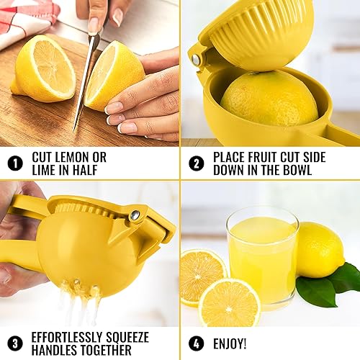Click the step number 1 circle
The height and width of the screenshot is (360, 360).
pyautogui.click(x=14, y=163)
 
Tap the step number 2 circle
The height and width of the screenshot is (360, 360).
pyautogui.click(x=196, y=163)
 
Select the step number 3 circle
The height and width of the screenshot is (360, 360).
pyautogui.click(x=14, y=343)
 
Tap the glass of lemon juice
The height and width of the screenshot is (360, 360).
pyautogui.click(x=262, y=256)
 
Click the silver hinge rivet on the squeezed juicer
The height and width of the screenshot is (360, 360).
pyautogui.click(x=134, y=214)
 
